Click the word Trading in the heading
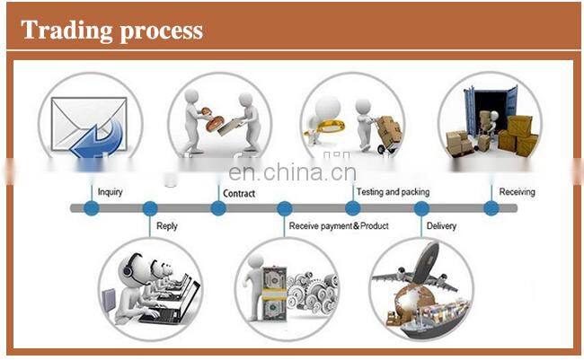(60, 30)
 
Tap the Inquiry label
(110, 192)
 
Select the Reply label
(167, 225)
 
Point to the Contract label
(238, 193)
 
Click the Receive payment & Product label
(339, 225)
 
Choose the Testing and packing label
(393, 192)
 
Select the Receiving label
(517, 192)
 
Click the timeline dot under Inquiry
(91, 208)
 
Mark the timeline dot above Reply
(150, 208)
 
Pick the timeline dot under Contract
(218, 208)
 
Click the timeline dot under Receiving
(491, 208)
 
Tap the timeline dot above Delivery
(421, 208)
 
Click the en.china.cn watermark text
(292, 172)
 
